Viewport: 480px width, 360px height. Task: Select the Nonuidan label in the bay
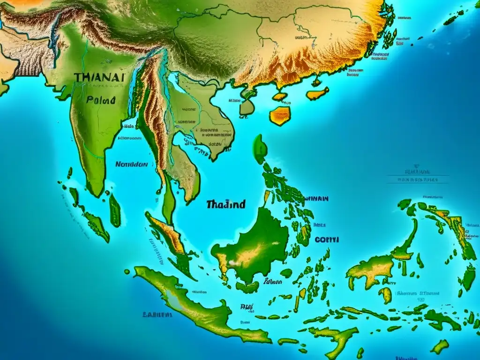131,165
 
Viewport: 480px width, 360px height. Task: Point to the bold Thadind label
225,204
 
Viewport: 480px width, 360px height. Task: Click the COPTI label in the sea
327,240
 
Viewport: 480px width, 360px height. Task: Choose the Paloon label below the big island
272,282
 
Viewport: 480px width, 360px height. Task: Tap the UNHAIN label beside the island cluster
316,198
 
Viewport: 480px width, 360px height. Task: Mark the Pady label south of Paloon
247,307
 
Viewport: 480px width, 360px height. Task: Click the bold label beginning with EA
157,315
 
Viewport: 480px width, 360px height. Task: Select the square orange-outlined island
280,115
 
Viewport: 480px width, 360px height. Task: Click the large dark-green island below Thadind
254,246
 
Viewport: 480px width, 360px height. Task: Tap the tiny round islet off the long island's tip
127,271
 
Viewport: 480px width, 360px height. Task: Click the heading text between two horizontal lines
417,179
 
